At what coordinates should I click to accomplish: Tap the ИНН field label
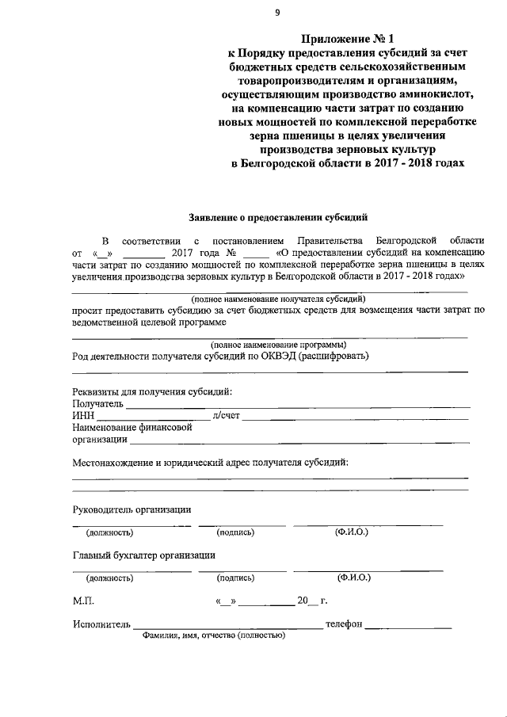(x=83, y=415)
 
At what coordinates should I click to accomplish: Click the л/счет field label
(x=226, y=415)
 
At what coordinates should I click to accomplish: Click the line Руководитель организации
(x=132, y=509)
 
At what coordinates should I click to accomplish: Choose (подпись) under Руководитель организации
(x=235, y=532)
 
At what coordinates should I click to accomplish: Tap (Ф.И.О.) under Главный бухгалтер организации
(x=353, y=578)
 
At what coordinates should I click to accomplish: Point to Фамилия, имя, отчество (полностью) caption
(x=213, y=635)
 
